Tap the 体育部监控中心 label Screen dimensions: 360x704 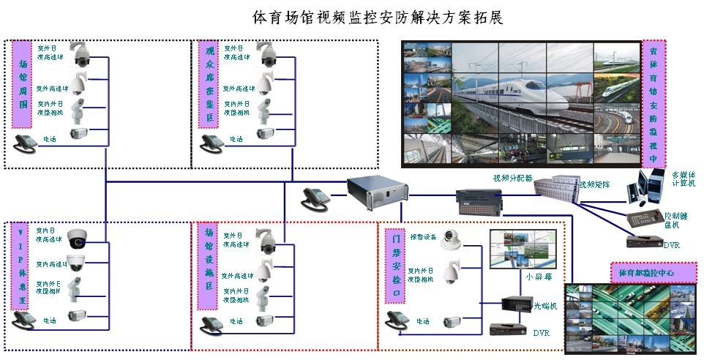(x=643, y=272)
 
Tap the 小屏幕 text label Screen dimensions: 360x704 (x=535, y=277)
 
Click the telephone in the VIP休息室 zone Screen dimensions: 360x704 (x=26, y=320)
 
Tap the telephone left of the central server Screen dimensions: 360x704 (x=316, y=198)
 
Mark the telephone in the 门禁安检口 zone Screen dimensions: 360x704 (x=399, y=320)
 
